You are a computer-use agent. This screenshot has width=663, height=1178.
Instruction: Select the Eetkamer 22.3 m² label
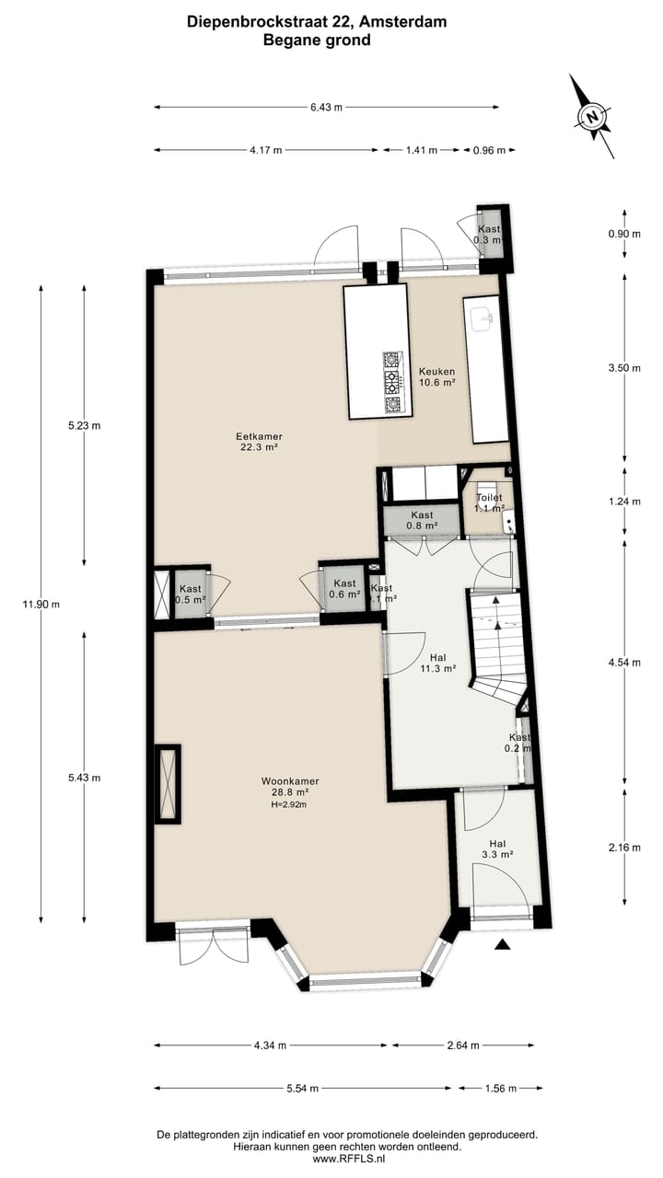(x=258, y=442)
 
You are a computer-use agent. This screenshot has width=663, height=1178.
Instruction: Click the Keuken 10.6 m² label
(x=436, y=376)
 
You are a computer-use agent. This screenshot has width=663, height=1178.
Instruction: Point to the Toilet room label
(x=489, y=502)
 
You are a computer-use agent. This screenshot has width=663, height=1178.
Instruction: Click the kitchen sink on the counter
(x=483, y=318)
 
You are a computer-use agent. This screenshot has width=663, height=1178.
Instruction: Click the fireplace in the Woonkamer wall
(x=168, y=783)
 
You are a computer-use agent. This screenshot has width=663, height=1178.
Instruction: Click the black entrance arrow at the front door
(x=502, y=944)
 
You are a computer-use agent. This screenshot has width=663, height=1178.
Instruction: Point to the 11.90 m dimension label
(x=41, y=604)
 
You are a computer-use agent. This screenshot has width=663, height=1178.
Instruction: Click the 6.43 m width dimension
(x=326, y=108)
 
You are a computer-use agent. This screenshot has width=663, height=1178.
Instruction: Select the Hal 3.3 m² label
(x=497, y=849)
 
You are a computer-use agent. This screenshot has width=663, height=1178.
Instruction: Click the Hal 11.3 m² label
(x=437, y=664)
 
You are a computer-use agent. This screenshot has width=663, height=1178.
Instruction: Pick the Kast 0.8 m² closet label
(x=422, y=520)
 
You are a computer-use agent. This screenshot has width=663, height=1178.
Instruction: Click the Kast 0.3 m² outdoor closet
(x=488, y=234)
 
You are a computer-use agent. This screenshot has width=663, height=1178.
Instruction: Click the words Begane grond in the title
(x=317, y=40)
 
